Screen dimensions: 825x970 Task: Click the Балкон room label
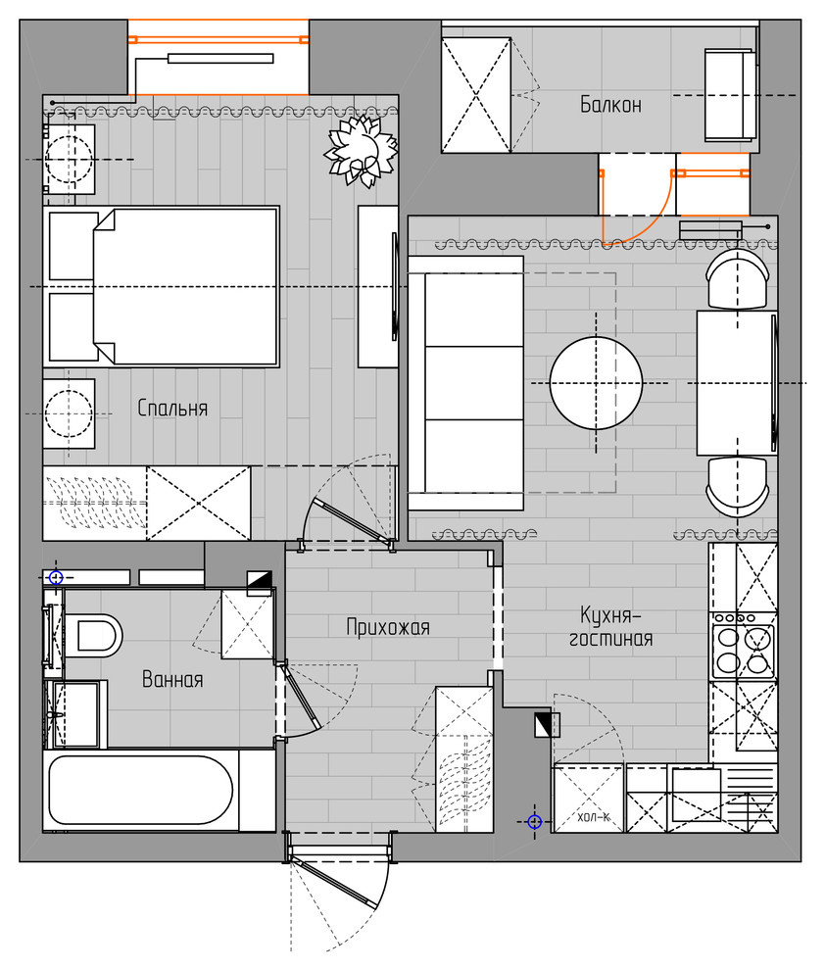tap(610, 105)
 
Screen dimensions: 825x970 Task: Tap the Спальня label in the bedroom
tap(172, 408)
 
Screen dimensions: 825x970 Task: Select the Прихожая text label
tap(388, 627)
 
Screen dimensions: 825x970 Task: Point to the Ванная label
tap(172, 679)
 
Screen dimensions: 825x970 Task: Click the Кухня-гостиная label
tap(611, 627)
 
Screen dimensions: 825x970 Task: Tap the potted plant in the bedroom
tap(362, 150)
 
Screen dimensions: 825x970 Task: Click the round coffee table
tap(596, 383)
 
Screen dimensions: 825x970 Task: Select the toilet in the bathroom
tap(93, 635)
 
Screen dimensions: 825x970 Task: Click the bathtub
tap(140, 790)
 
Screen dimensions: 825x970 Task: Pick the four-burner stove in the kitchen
tap(743, 646)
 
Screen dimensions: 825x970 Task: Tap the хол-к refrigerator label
tap(593, 817)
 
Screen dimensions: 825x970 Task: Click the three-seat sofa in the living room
tap(465, 383)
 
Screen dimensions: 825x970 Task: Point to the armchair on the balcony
tap(730, 95)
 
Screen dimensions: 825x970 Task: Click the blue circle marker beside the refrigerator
tap(535, 821)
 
